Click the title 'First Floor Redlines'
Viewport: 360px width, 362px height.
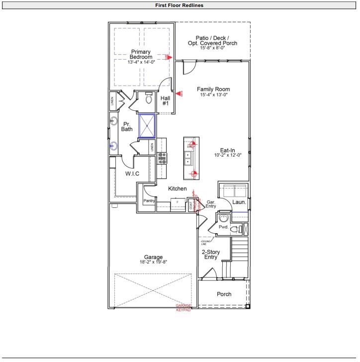tap(180, 5)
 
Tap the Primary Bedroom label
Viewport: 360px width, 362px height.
tap(141, 54)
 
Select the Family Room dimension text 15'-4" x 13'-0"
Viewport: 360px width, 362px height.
tap(213, 95)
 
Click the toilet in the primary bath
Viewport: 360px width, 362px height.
tap(148, 98)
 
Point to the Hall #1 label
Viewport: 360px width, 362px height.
tap(165, 100)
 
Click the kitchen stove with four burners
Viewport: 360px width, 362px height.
tap(162, 158)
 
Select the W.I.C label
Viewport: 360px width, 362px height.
tap(132, 173)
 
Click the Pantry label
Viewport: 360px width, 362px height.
tap(149, 201)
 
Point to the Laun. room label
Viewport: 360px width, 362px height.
tap(239, 202)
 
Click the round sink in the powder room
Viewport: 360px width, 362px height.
tap(223, 218)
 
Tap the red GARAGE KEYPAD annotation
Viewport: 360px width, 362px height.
tap(183, 308)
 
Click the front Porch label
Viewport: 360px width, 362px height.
tap(224, 294)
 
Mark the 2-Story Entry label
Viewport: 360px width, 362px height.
tap(210, 255)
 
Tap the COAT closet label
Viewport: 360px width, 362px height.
tap(191, 206)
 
